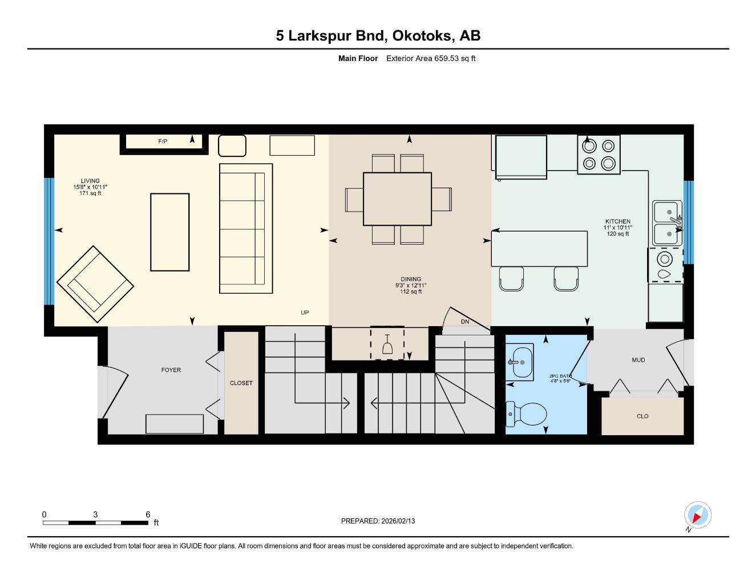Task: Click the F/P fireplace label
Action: [x=163, y=141]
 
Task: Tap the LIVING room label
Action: [x=90, y=181]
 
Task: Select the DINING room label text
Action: [x=411, y=279]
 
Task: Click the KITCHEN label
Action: [x=617, y=221]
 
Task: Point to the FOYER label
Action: [x=171, y=370]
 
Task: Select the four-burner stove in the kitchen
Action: [x=599, y=155]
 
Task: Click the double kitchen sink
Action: [x=667, y=223]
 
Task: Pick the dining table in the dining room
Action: [x=397, y=199]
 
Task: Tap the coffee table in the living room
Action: [x=169, y=232]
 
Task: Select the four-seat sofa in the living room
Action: [x=246, y=228]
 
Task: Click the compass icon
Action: [x=697, y=516]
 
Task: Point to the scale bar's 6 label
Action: [x=148, y=514]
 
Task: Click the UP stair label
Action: [x=305, y=313]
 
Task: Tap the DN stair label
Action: [x=465, y=322]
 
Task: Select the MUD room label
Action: [x=638, y=360]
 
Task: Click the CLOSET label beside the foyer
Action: [x=241, y=383]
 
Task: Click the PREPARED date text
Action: [x=378, y=521]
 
